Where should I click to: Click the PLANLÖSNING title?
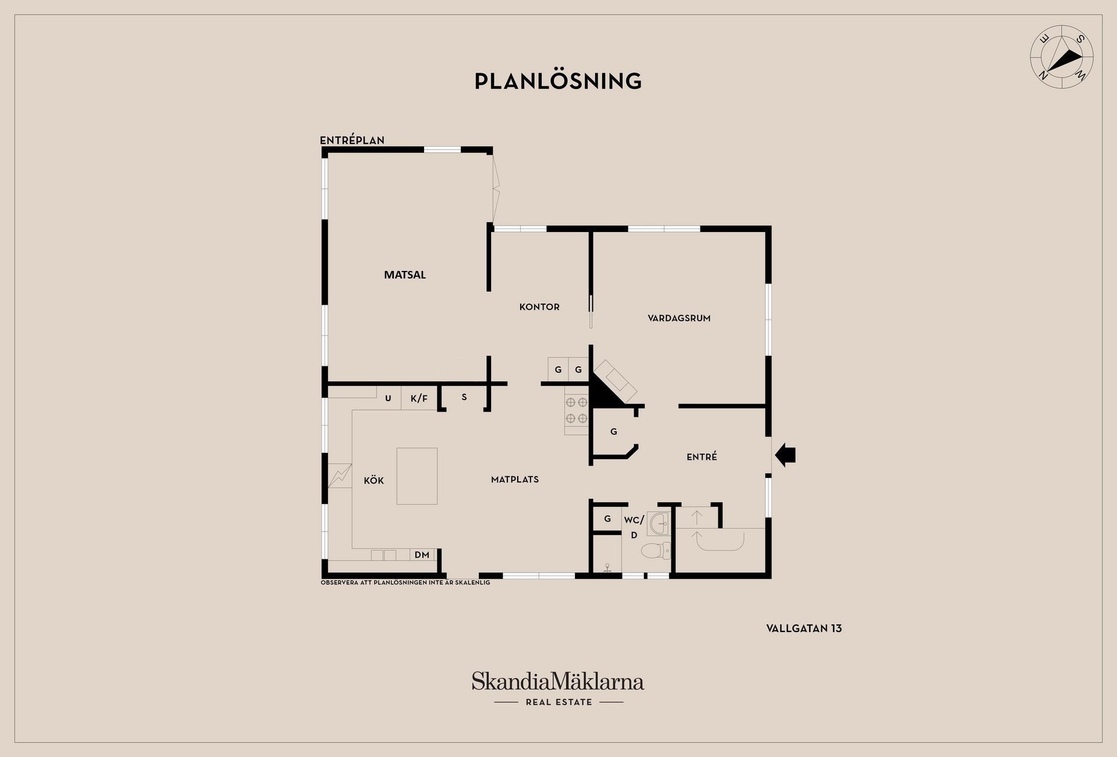tap(558, 81)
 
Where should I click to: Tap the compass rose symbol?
tap(1062, 58)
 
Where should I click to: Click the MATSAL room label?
tap(405, 275)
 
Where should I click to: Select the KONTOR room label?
tap(539, 307)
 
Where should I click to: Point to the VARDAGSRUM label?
tap(679, 318)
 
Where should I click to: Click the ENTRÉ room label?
tap(702, 457)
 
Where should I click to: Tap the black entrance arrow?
tap(785, 455)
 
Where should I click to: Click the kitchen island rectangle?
tap(417, 476)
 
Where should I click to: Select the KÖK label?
tap(373, 480)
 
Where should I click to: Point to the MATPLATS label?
tap(515, 480)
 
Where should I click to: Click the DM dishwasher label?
tap(422, 555)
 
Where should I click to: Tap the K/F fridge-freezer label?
tap(419, 398)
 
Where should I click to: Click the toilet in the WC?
tap(656, 550)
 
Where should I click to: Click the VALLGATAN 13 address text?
tap(804, 629)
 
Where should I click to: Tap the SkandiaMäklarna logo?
tap(558, 688)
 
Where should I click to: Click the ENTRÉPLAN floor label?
tap(352, 140)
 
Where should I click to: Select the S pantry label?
tap(464, 398)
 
